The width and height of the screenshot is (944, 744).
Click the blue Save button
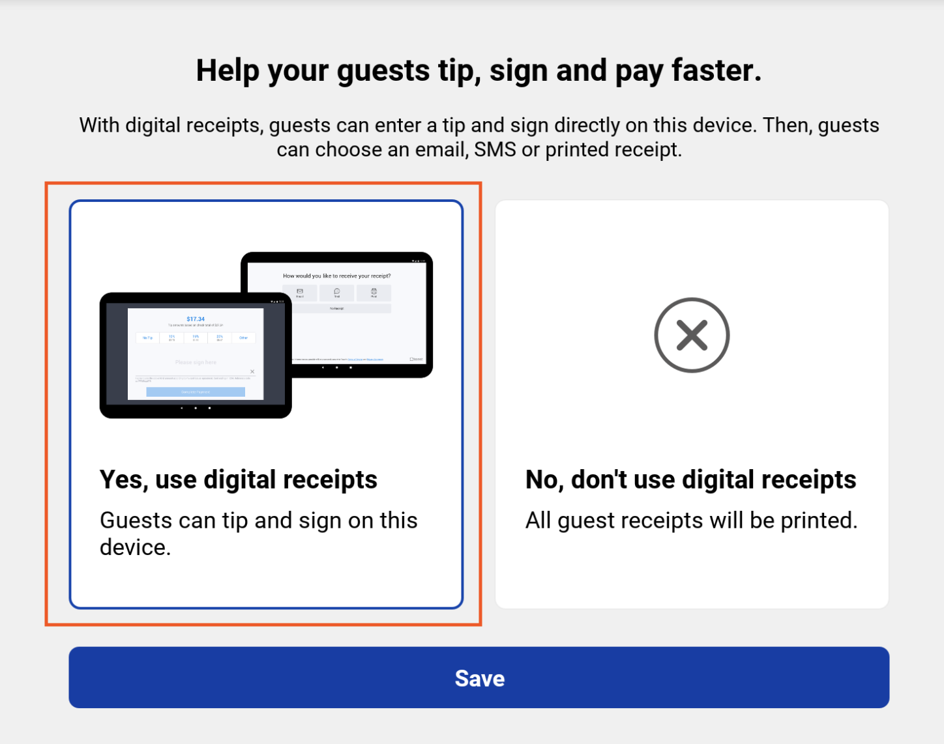click(x=479, y=678)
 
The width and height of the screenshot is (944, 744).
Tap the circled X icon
click(x=692, y=336)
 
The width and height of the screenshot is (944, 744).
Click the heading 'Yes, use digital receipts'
click(x=239, y=479)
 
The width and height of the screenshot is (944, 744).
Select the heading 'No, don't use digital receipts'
click(x=690, y=479)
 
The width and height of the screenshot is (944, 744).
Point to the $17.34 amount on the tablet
click(x=196, y=319)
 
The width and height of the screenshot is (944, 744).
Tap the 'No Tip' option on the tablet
click(x=148, y=338)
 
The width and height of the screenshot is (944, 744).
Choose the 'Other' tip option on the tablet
click(x=243, y=338)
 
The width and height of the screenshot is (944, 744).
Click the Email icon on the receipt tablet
click(x=300, y=293)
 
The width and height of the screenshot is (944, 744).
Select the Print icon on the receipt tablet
click(x=374, y=293)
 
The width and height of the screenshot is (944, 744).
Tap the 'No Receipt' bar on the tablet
click(x=336, y=308)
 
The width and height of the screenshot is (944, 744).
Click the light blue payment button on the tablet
click(x=196, y=392)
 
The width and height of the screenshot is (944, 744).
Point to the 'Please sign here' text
click(x=196, y=362)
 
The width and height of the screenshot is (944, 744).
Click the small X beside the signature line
click(x=252, y=372)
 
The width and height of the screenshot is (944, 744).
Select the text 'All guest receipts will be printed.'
click(x=691, y=521)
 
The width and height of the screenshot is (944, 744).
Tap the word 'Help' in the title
click(x=228, y=70)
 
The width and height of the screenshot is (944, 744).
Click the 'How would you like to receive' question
click(x=336, y=276)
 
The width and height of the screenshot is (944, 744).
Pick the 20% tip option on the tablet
click(x=220, y=338)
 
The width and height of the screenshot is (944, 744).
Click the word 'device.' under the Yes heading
click(x=135, y=547)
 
